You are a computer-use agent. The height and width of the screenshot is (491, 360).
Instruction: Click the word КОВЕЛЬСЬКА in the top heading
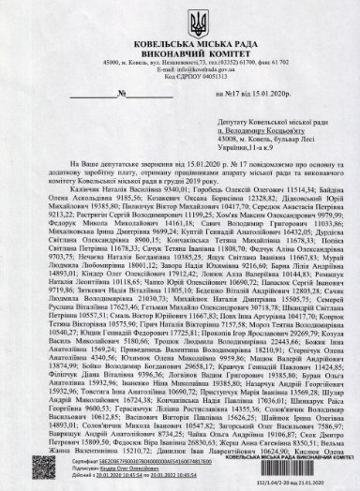(139, 35)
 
